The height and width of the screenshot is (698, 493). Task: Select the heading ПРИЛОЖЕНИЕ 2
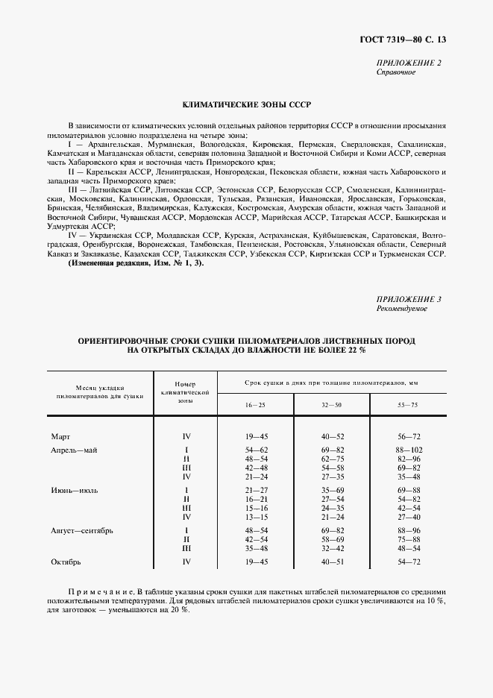tap(407, 63)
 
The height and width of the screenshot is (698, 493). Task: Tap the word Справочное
tap(395, 72)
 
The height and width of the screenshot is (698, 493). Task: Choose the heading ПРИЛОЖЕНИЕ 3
tap(407, 299)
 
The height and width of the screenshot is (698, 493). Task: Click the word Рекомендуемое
tap(401, 309)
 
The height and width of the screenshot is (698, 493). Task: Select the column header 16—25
tap(255, 403)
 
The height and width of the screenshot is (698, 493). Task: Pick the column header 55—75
tap(408, 403)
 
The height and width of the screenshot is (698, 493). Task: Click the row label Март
tap(60, 436)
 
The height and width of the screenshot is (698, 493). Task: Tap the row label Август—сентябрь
tap(81, 530)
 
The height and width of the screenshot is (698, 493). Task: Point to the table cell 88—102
tap(408, 450)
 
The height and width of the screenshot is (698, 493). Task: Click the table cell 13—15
tap(255, 516)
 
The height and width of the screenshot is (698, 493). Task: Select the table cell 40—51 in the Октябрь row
tap(332, 562)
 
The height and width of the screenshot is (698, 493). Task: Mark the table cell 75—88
tap(408, 539)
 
